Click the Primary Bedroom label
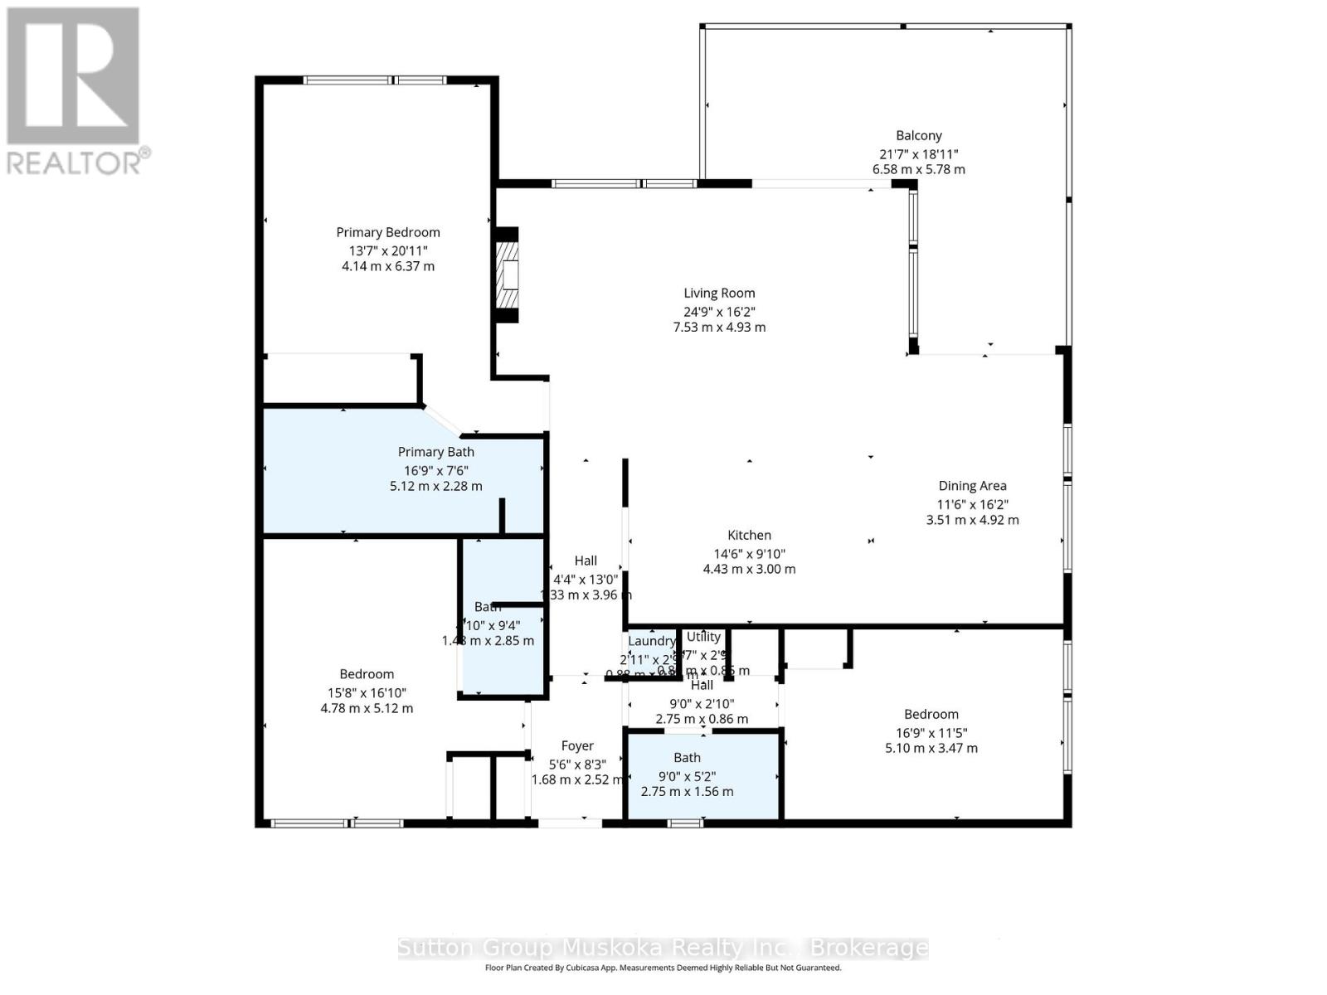click(387, 232)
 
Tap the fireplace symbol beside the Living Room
click(507, 274)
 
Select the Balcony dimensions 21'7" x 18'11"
click(918, 154)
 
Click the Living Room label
click(719, 293)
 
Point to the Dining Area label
click(972, 486)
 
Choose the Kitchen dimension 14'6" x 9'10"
click(749, 554)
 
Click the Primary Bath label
click(435, 452)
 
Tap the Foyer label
click(577, 745)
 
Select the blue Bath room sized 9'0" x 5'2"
click(702, 776)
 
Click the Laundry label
click(651, 641)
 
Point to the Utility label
click(703, 637)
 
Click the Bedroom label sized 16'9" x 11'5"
click(931, 714)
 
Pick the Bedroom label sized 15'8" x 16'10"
click(367, 674)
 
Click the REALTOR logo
click(75, 91)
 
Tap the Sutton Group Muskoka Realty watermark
click(663, 948)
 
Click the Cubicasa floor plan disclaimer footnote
click(663, 968)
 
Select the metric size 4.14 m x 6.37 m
click(387, 266)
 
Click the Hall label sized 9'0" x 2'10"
click(702, 685)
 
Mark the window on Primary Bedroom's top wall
click(375, 80)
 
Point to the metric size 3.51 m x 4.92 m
click(972, 520)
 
